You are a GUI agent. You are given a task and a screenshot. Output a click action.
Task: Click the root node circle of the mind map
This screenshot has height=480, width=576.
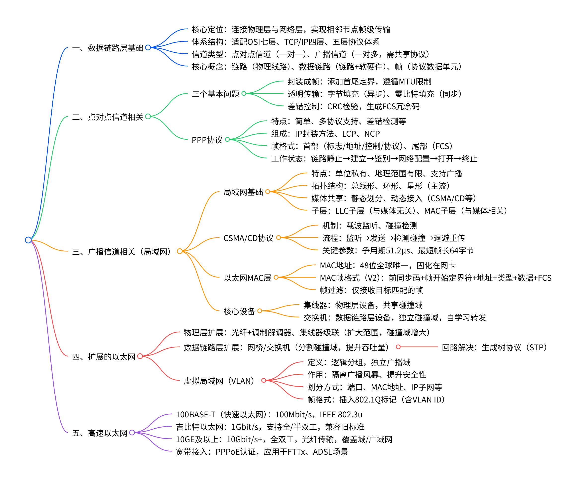(x=28, y=240)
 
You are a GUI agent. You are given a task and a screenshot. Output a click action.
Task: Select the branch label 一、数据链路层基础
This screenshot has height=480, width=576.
(x=108, y=48)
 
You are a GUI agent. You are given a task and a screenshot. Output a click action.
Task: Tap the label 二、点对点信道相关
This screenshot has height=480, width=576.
(x=108, y=117)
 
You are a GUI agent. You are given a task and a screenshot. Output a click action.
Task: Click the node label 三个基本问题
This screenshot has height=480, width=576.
(x=215, y=94)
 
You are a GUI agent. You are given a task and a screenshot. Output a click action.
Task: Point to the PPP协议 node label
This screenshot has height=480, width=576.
(x=207, y=140)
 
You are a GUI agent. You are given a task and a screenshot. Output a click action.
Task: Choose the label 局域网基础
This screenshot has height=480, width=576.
(x=243, y=192)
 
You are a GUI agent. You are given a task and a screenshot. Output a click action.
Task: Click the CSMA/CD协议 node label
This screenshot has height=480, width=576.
(x=248, y=238)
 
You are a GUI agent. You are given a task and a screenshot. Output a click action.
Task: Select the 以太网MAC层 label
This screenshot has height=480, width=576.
(x=247, y=278)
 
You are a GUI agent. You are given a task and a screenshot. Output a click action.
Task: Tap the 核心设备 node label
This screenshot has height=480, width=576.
(x=239, y=311)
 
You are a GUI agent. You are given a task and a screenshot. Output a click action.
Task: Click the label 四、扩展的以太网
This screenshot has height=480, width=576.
(x=104, y=357)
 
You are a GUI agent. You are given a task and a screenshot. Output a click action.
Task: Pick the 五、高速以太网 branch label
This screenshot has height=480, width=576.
(x=100, y=433)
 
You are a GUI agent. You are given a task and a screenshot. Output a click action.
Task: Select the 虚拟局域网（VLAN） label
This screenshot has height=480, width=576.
(x=219, y=381)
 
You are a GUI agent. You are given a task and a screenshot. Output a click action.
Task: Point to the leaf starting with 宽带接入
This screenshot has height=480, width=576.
(x=262, y=452)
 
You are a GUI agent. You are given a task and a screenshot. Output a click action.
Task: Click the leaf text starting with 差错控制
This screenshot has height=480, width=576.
(x=353, y=107)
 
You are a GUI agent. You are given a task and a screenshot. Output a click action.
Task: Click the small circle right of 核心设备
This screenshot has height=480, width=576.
(x=260, y=311)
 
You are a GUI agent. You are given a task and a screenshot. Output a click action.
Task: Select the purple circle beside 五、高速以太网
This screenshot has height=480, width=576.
(x=132, y=433)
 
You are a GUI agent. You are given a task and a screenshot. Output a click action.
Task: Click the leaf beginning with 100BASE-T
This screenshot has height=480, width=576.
(x=269, y=414)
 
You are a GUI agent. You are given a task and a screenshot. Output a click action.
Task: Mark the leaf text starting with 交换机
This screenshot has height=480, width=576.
(x=395, y=318)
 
